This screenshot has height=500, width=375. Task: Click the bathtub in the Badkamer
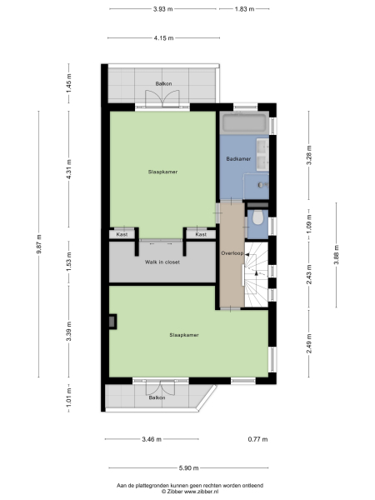click(x=244, y=123)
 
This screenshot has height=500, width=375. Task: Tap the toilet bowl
click(x=258, y=219)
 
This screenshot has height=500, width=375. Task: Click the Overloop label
click(x=231, y=252)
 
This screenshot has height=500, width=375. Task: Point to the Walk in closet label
click(x=162, y=262)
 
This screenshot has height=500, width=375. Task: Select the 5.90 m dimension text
click(x=187, y=468)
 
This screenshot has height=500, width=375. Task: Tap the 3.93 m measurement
click(x=162, y=9)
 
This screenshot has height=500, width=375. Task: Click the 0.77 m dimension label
click(x=257, y=438)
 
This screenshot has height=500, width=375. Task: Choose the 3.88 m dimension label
click(x=336, y=247)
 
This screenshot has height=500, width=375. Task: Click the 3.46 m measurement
click(x=152, y=438)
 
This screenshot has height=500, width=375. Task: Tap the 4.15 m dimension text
click(x=162, y=37)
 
